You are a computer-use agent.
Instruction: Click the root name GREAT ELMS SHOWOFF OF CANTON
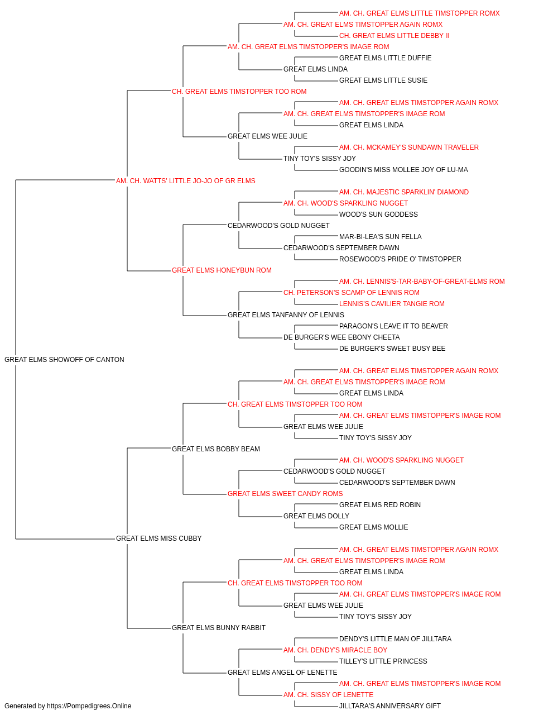click(64, 360)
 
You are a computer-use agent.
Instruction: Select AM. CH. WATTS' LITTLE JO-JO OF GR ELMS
click(186, 181)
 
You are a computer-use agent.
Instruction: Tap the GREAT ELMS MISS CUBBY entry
click(158, 538)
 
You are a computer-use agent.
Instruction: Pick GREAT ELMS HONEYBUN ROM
click(222, 270)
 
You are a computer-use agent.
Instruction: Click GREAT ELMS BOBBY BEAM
click(216, 449)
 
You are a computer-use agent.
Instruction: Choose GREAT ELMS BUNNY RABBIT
click(219, 627)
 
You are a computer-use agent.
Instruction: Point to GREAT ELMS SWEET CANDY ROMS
click(285, 494)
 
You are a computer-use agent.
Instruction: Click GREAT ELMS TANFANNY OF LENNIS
click(286, 315)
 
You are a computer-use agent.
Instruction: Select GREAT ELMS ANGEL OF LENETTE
click(282, 672)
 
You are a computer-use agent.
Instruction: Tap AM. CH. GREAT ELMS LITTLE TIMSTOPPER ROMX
click(419, 13)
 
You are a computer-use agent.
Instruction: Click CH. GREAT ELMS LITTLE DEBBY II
click(394, 36)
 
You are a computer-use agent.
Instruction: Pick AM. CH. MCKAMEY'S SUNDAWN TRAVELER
click(409, 147)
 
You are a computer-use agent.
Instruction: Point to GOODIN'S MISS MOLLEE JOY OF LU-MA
click(403, 170)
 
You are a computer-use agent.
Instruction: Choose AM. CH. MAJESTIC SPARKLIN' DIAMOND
click(404, 192)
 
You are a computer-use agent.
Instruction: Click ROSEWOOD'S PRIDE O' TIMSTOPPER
click(400, 259)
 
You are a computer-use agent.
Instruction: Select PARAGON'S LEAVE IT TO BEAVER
click(393, 326)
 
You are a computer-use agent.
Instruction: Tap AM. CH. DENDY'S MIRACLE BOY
click(335, 650)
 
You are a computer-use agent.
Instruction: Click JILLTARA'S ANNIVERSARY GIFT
click(390, 706)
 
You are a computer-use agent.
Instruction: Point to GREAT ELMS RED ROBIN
click(380, 505)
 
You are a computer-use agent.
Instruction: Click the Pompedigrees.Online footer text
click(68, 706)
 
